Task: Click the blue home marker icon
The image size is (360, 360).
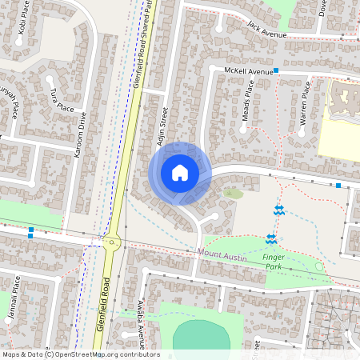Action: [x=180, y=172]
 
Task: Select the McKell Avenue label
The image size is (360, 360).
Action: [x=248, y=71]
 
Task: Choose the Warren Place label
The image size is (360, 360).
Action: [x=304, y=106]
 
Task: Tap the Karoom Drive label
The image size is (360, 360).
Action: [x=80, y=134]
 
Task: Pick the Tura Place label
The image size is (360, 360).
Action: [x=58, y=101]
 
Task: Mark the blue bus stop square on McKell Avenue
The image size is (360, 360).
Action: [x=276, y=71]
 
